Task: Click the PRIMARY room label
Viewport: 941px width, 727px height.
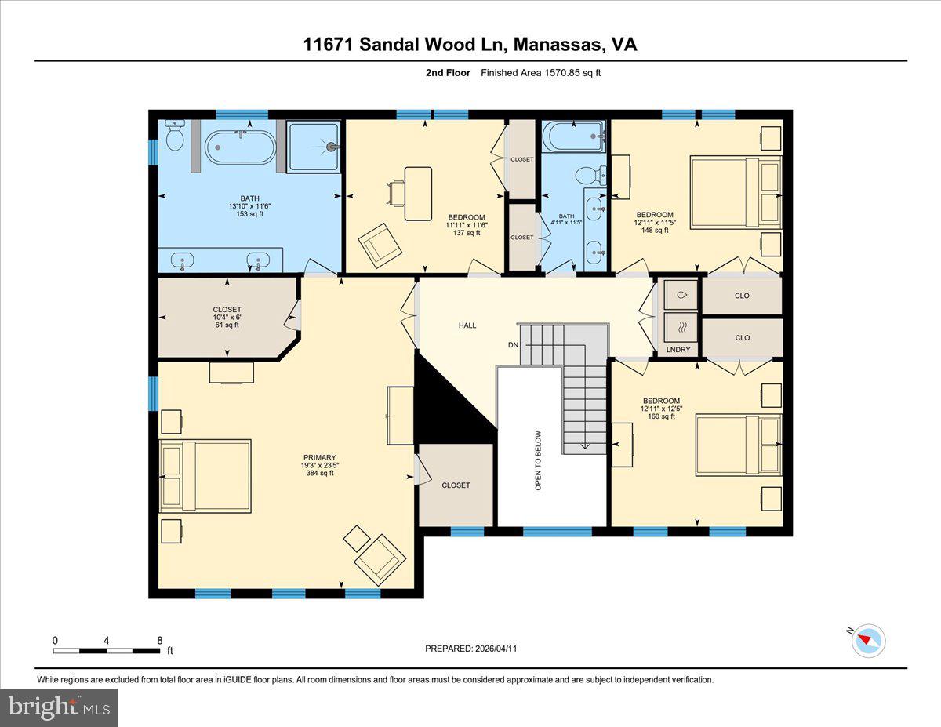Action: point(320,457)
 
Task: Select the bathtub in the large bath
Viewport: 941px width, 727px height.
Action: point(241,147)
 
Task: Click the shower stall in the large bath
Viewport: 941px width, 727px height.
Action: point(314,147)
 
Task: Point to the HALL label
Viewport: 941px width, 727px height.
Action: point(467,325)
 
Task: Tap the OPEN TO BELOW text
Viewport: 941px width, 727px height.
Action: point(538,460)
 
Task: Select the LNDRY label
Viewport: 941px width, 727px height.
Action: point(678,349)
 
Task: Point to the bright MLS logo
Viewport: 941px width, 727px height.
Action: point(59,707)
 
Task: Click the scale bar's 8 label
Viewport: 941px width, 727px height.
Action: point(159,640)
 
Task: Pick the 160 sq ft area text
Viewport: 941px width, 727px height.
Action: point(659,416)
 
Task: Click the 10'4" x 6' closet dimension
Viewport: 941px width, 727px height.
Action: point(227,317)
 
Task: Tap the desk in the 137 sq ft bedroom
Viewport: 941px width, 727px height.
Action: point(417,193)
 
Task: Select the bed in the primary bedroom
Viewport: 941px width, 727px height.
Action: point(205,476)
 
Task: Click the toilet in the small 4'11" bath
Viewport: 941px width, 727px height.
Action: point(587,176)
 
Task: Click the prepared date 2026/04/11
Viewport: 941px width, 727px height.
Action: point(470,649)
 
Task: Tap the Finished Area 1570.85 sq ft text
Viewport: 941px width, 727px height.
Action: point(540,73)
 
